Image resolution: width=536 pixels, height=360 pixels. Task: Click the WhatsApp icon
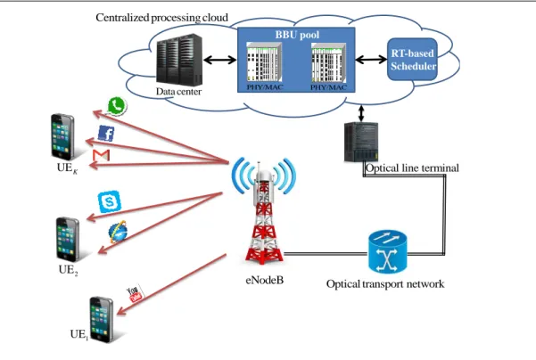point(117,106)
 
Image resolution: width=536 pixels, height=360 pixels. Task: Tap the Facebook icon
point(106,133)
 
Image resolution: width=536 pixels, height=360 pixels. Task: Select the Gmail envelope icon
point(101,155)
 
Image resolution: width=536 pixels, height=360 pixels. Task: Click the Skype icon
point(110,201)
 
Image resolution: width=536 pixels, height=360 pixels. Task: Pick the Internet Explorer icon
point(118,232)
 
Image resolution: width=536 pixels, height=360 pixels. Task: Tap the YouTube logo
point(135,294)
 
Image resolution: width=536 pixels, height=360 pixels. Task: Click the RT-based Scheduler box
point(413,60)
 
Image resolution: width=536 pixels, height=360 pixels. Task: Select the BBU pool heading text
point(297,35)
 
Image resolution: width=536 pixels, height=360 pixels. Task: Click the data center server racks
point(178,60)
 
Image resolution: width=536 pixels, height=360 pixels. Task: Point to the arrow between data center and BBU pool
point(219,61)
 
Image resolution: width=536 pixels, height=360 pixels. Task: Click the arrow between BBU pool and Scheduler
point(371,60)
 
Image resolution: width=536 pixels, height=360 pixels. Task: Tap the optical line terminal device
point(361,142)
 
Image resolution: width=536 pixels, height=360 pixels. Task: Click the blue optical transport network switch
point(387,252)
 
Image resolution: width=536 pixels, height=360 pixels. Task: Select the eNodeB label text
point(265,281)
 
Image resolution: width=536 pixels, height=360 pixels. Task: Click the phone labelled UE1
point(101,320)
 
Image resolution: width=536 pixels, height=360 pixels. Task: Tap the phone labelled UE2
point(68,240)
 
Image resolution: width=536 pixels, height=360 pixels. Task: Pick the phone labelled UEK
point(62,136)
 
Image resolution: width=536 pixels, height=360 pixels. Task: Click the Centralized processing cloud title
point(161,18)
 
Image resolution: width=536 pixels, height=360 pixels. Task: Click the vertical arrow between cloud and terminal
point(361,114)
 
